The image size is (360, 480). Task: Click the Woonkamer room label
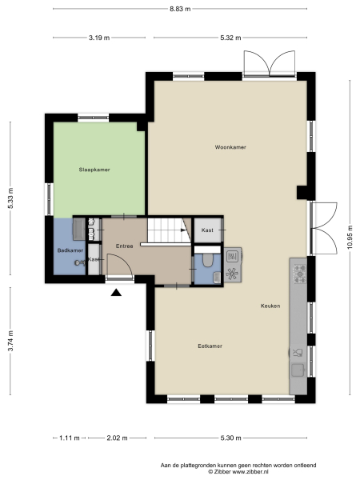tap(230, 148)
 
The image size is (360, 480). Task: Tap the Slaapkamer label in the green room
tap(94, 170)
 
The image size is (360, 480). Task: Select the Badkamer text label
tap(70, 251)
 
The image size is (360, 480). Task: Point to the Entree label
tap(124, 246)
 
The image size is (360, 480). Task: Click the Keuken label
tap(270, 306)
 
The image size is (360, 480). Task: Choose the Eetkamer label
tap(210, 346)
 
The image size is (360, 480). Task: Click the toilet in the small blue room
tap(207, 261)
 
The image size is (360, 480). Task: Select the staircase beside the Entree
tap(166, 230)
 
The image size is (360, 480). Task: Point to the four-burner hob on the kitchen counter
tap(300, 274)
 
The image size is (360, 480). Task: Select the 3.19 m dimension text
tap(98, 37)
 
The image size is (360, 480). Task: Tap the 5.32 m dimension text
tap(231, 37)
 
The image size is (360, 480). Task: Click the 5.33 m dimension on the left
tap(10, 198)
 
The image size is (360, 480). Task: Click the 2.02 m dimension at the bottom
tap(118, 438)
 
